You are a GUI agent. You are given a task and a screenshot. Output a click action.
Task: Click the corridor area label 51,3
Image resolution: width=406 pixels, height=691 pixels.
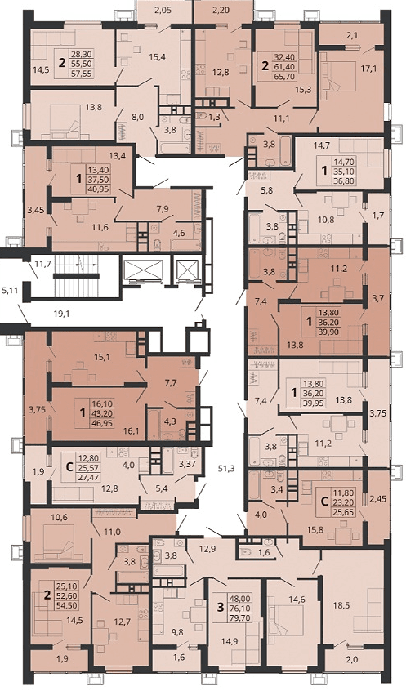coord(226,469)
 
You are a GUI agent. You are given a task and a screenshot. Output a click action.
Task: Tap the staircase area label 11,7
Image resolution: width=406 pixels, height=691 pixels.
coord(42,265)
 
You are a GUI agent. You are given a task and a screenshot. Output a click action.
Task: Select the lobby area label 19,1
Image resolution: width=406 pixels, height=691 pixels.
coord(63,314)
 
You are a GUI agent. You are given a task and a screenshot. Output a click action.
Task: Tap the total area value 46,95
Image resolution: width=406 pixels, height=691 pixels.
coord(101,421)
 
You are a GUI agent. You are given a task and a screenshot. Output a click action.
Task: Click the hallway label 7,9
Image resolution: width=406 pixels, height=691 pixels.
coord(163,208)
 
